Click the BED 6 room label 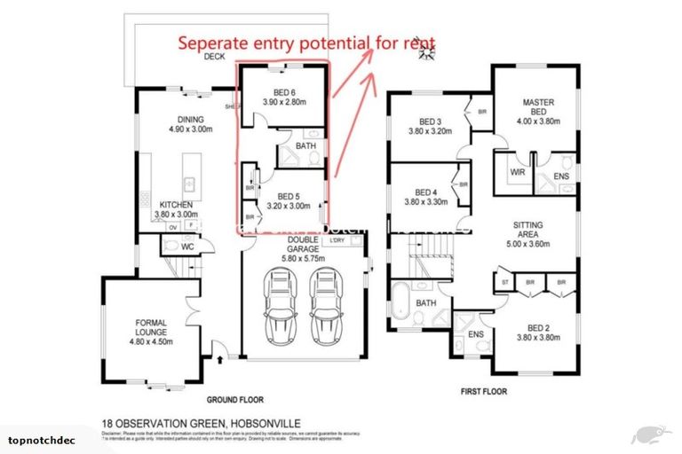(284, 97)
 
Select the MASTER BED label (539, 108)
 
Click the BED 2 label (535, 333)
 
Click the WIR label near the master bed (514, 171)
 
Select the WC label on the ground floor (186, 247)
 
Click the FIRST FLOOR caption (481, 389)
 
